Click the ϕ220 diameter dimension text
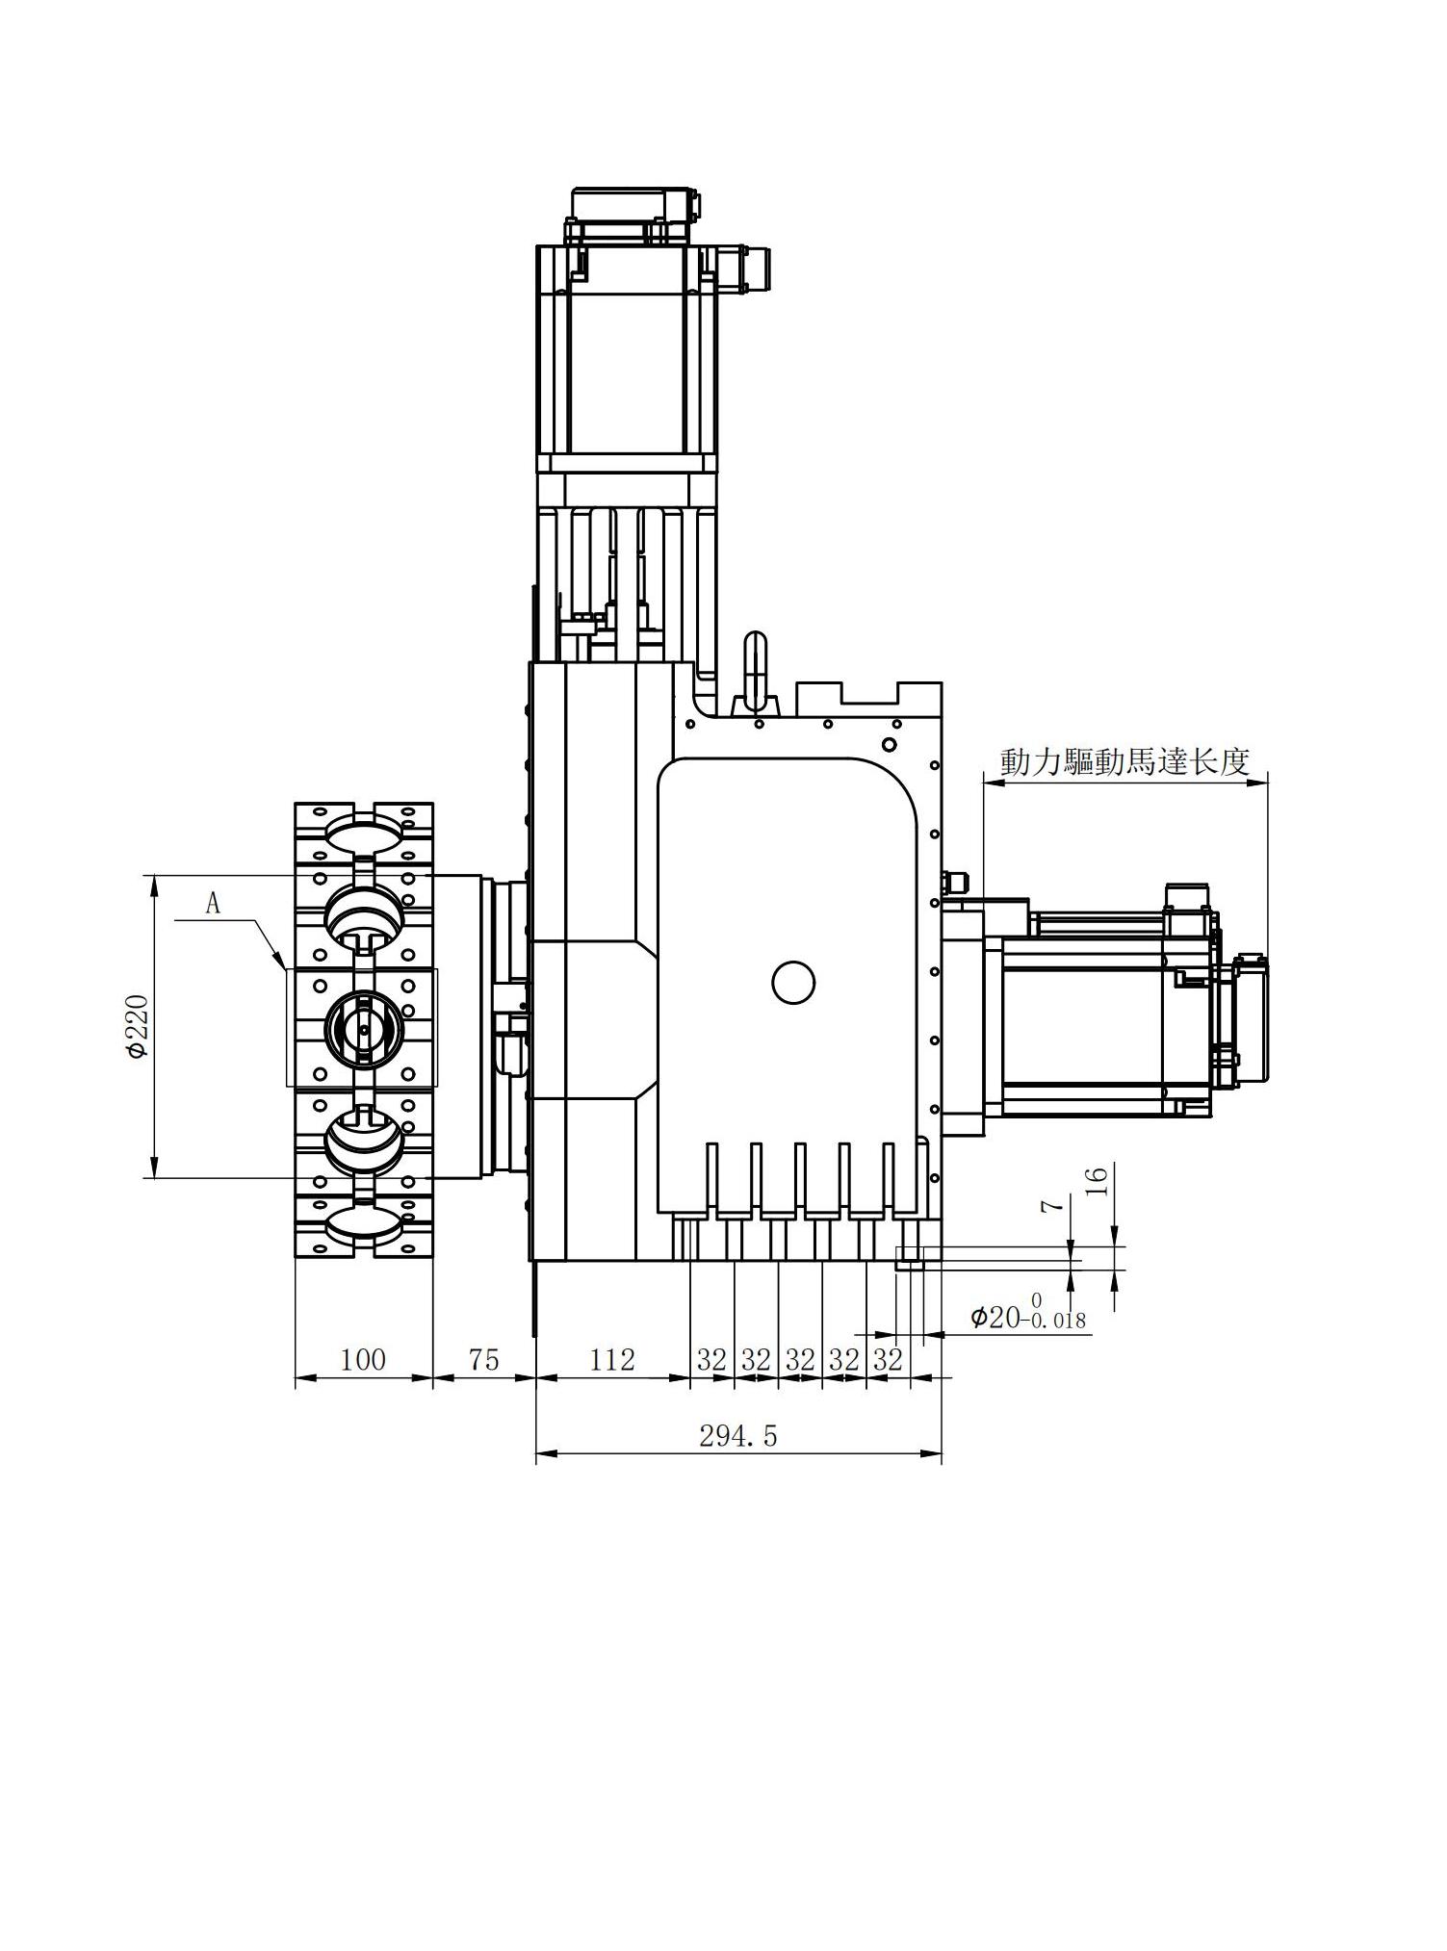[x=138, y=1027]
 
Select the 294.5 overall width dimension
[x=737, y=1436]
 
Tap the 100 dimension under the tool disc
[x=363, y=1359]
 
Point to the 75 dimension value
[x=483, y=1359]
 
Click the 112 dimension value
[x=612, y=1359]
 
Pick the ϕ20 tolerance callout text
[x=1026, y=1316]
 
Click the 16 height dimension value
[x=1099, y=1180]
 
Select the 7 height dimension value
[x=1055, y=1205]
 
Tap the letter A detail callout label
[x=213, y=904]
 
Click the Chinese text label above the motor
[x=1124, y=761]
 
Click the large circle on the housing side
[x=793, y=982]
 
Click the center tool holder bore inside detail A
[x=363, y=1029]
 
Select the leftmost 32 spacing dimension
[x=711, y=1360]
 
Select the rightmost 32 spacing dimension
[x=888, y=1360]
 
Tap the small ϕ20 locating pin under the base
[x=910, y=1258]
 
